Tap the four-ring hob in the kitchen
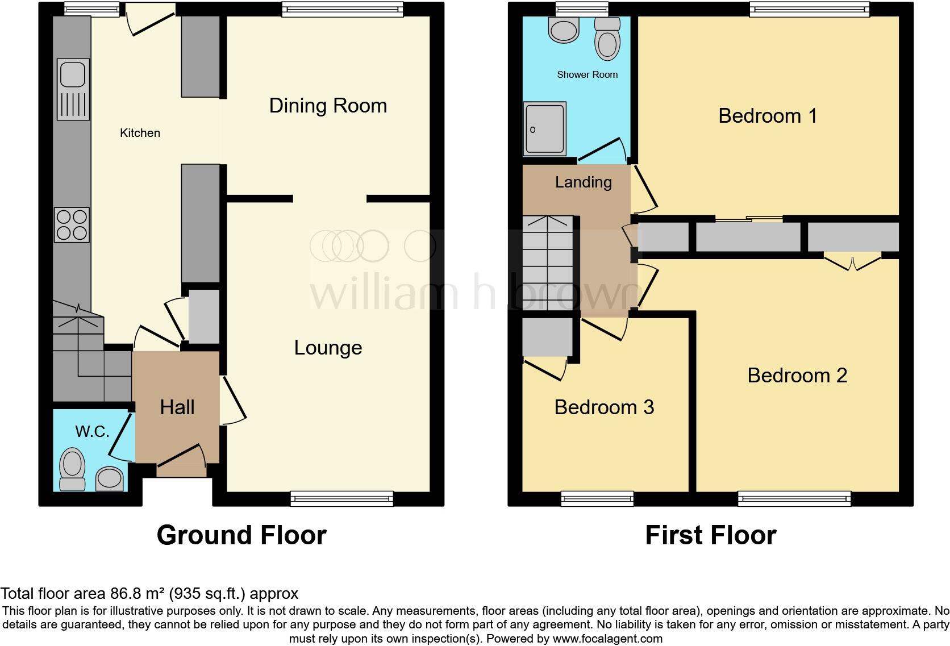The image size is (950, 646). coord(72,225)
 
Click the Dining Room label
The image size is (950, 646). coord(328,106)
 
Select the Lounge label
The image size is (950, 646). coord(328,348)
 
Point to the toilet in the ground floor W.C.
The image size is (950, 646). coord(72,469)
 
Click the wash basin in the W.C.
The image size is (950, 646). coord(110,478)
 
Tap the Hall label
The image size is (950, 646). coord(177,407)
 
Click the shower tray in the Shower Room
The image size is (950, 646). coord(545,128)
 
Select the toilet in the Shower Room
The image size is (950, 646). coord(607,39)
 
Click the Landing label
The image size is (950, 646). coord(583,182)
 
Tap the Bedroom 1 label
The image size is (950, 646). coord(768,116)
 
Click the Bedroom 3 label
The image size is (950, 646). coord(604,407)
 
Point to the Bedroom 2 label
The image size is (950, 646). coord(797,376)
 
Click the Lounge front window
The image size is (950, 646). coord(341,499)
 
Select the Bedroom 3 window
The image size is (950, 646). coord(597,499)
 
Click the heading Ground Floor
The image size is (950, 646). coord(241,535)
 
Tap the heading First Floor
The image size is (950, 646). coord(710,535)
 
